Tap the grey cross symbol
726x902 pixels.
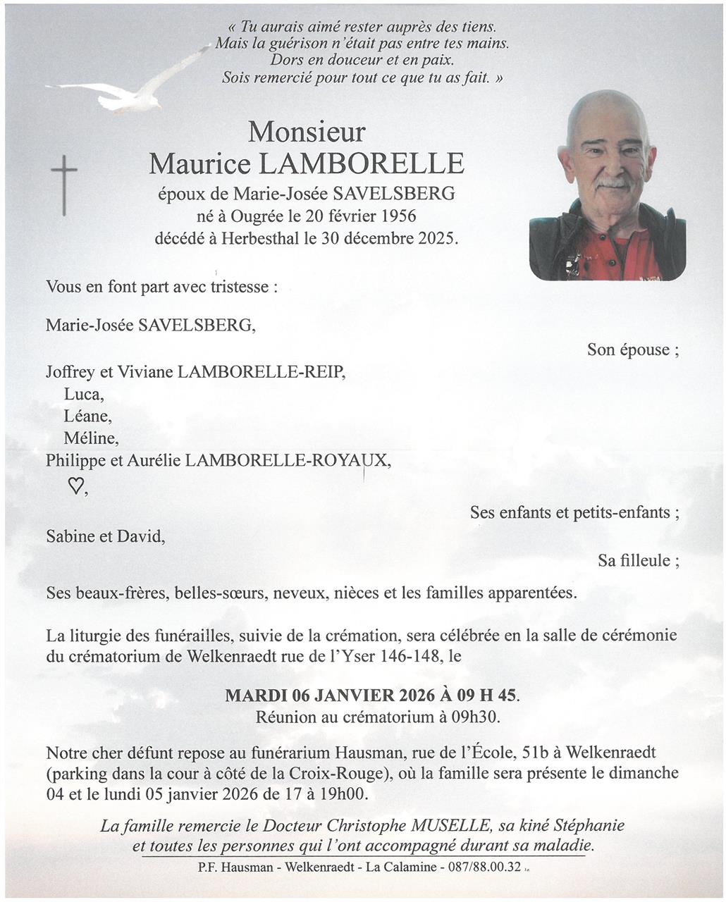click(x=64, y=185)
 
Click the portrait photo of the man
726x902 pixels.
click(x=607, y=186)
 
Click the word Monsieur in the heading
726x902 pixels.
click(x=307, y=132)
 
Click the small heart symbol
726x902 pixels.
click(x=75, y=486)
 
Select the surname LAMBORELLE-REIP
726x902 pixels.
click(x=262, y=371)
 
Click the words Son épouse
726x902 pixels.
click(x=632, y=350)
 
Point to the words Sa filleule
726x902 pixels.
click(x=638, y=561)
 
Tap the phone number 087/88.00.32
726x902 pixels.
click(x=484, y=867)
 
